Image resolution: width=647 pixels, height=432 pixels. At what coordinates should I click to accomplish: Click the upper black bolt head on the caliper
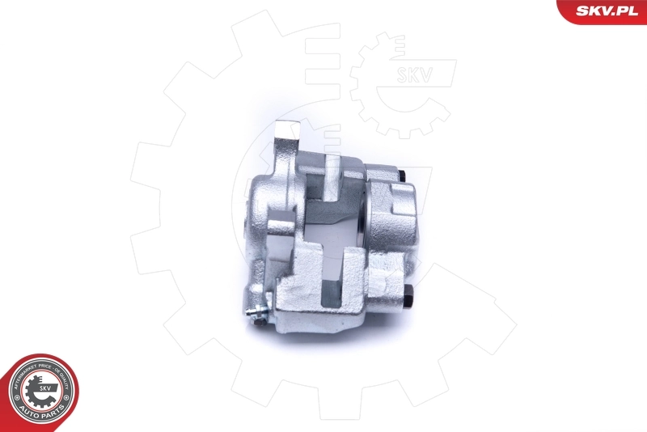point(403,176)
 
